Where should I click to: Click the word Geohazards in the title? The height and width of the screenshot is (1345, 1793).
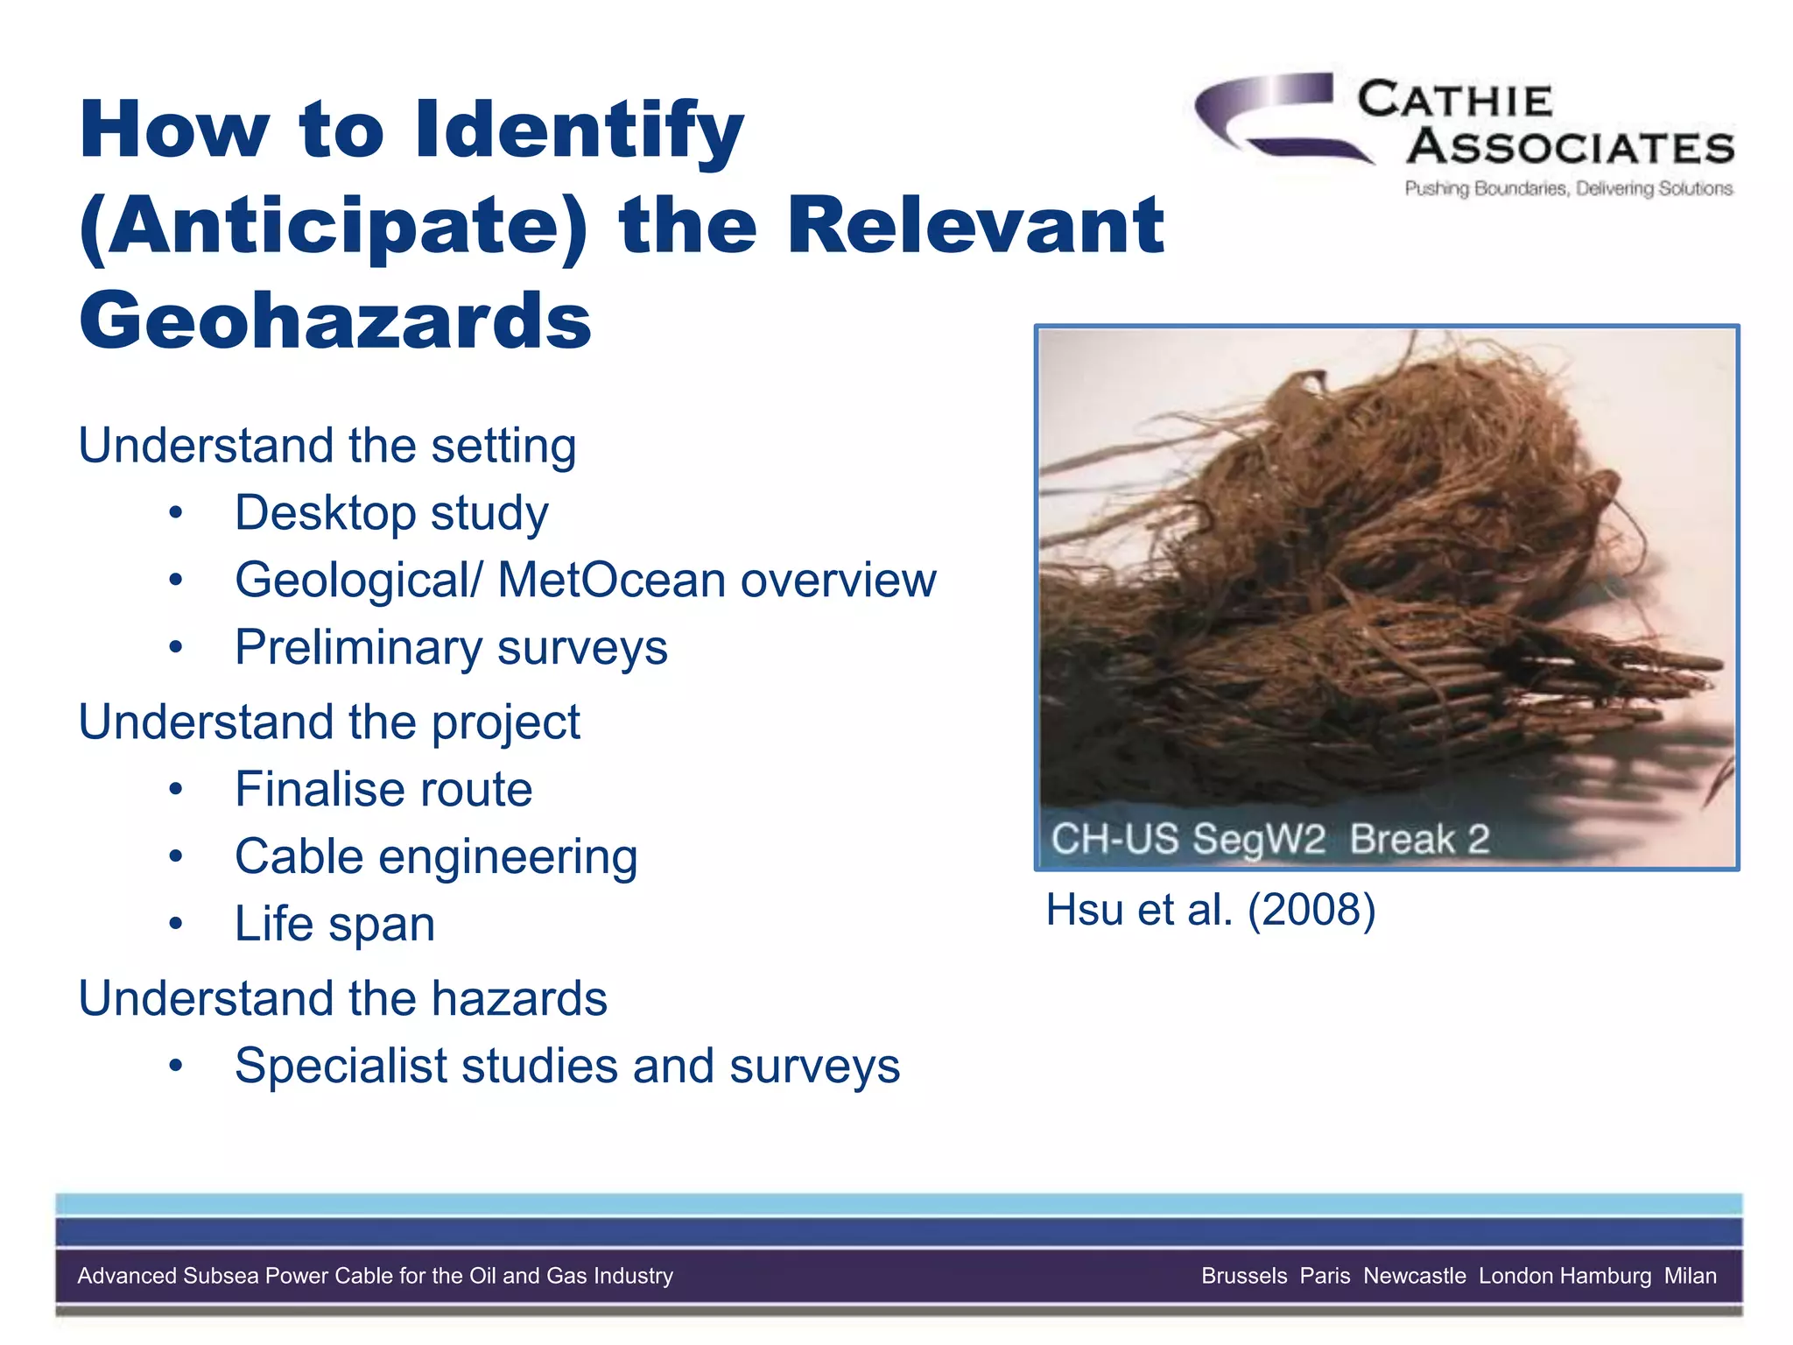[335, 320]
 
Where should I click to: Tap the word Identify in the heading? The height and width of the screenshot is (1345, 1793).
[579, 131]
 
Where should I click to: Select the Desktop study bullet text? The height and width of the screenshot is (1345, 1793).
[391, 513]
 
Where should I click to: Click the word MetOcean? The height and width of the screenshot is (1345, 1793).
[612, 581]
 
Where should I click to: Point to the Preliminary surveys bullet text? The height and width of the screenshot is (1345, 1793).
[451, 648]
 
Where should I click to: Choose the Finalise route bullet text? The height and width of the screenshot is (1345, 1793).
[383, 790]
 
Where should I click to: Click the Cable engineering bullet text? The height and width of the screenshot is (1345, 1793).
[436, 857]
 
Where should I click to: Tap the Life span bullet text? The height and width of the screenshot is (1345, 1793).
[334, 925]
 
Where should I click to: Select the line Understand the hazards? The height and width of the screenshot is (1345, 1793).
[342, 999]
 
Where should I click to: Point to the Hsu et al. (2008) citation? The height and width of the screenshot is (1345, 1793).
[1211, 910]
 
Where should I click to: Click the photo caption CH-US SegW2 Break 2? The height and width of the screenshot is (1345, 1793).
[1269, 839]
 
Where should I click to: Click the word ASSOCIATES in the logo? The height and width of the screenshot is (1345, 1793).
[1571, 147]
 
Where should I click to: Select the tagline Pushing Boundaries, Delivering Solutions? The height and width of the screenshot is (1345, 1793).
[1568, 188]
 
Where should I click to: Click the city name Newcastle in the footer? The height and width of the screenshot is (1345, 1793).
[1414, 1276]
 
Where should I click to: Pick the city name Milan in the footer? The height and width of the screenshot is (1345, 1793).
[1690, 1276]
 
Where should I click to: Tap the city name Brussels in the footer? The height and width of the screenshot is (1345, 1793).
[1244, 1276]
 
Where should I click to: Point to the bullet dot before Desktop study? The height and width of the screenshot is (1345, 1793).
[176, 514]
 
